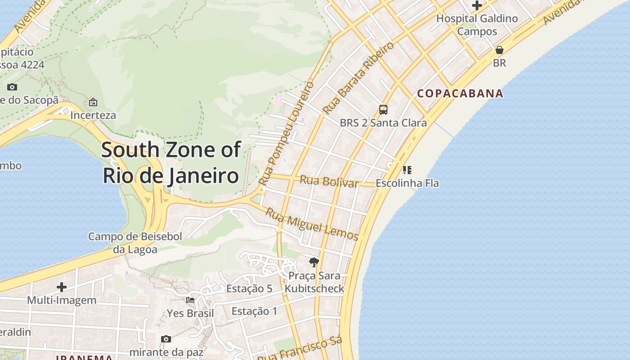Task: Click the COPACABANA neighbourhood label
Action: click(x=460, y=94)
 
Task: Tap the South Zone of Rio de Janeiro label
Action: click(x=171, y=162)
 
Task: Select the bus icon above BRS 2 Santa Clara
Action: click(x=383, y=109)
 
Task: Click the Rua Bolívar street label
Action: click(x=329, y=181)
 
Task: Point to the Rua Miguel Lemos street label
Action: click(x=311, y=224)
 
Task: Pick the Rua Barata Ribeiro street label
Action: click(x=358, y=77)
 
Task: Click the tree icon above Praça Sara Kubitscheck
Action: click(x=314, y=262)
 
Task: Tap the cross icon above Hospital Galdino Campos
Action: click(x=477, y=6)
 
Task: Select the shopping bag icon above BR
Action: click(x=499, y=50)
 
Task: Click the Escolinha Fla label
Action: click(x=407, y=183)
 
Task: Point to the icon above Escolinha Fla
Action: click(x=407, y=170)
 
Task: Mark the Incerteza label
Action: click(x=93, y=115)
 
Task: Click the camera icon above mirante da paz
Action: click(x=166, y=339)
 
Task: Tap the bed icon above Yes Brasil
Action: click(x=190, y=300)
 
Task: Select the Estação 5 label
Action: click(x=249, y=288)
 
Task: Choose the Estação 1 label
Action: click(x=254, y=311)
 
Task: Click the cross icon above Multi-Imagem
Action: click(x=62, y=287)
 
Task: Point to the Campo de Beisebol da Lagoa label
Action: click(x=135, y=243)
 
